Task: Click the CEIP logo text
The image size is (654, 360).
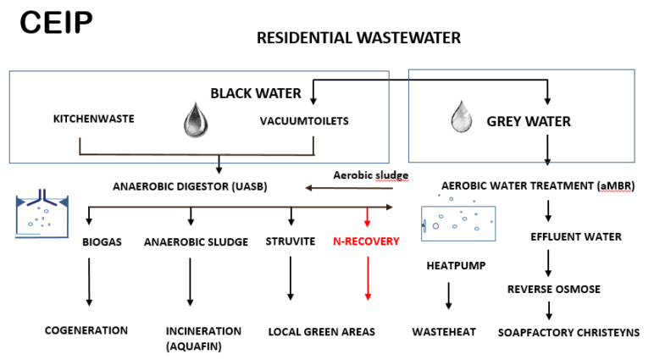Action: pos(56,22)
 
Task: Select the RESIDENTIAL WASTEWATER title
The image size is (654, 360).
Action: pos(358,38)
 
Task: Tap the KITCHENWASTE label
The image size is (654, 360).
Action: pos(94,119)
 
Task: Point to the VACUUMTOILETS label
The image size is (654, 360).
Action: pos(304,121)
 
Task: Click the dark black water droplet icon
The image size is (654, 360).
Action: pos(196,119)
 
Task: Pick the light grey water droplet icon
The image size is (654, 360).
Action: pos(462,117)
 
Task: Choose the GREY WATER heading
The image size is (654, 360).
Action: pos(529,121)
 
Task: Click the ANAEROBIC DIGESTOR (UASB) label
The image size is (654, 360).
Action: pos(190,186)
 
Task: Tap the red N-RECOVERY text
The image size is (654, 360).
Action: pos(366,241)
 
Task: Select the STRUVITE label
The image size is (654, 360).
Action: pos(291,241)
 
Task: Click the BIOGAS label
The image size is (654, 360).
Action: pos(102,242)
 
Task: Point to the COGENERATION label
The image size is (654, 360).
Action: pos(86,330)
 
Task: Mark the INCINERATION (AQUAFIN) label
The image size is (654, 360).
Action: pos(203,338)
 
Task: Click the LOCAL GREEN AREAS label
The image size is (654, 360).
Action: pos(322,332)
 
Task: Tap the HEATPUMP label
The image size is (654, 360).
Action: pos(456,266)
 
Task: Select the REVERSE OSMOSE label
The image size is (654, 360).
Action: pos(554,289)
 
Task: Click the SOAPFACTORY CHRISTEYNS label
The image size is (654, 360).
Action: pos(568,332)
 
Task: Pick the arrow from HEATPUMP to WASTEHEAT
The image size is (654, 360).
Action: pos(449,296)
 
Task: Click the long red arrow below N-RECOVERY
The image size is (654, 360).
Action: pos(368,278)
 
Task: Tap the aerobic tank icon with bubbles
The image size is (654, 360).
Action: pos(458,224)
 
